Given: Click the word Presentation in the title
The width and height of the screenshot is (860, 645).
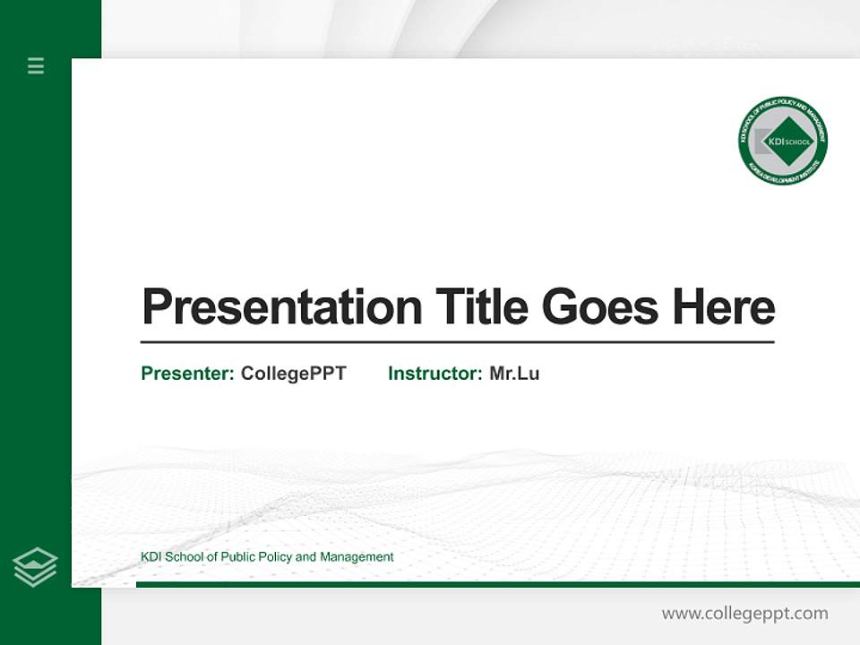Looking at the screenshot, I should (282, 308).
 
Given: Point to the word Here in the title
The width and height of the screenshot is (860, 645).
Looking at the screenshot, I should (723, 308).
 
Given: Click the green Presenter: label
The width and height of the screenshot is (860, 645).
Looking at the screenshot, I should (187, 374).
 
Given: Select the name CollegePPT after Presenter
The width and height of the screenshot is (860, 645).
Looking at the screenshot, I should (293, 374).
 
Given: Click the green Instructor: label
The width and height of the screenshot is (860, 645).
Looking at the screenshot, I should (434, 374).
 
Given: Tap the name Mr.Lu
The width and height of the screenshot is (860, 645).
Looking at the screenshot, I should (514, 374).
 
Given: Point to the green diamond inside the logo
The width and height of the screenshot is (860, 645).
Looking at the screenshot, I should (787, 142).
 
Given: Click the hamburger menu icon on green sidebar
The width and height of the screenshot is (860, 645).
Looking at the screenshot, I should (36, 65).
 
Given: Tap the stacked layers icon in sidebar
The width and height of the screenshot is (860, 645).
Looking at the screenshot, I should (35, 567).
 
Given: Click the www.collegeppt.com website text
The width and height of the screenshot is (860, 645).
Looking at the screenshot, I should (744, 614).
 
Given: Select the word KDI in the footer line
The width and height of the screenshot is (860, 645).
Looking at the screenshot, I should (151, 557).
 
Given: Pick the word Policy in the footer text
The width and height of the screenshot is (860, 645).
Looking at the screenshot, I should (274, 557).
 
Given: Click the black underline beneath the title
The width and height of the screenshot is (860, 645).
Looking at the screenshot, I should (457, 342).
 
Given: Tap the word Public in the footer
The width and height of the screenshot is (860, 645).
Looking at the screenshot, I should (237, 557).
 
